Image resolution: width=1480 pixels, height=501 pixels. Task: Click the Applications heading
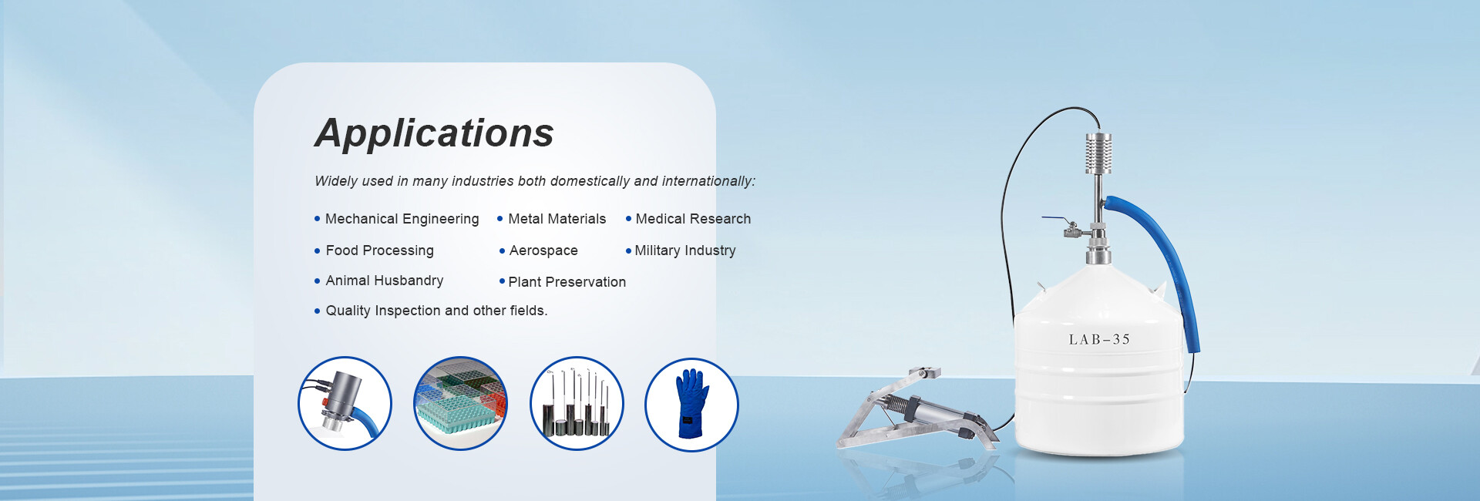pyautogui.click(x=434, y=133)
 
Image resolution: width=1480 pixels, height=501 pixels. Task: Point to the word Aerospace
pyautogui.click(x=543, y=250)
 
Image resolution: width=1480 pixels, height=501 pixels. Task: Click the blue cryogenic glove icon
pyautogui.click(x=691, y=405)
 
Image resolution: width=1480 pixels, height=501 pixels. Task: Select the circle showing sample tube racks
pyautogui.click(x=460, y=403)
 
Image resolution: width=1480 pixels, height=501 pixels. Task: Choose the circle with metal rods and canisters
pyautogui.click(x=577, y=403)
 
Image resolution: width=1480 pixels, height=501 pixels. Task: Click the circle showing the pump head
pyautogui.click(x=345, y=403)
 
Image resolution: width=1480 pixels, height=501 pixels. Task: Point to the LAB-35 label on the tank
pyautogui.click(x=1099, y=340)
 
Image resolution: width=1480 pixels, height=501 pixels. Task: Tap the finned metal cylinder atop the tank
pyautogui.click(x=1098, y=153)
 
